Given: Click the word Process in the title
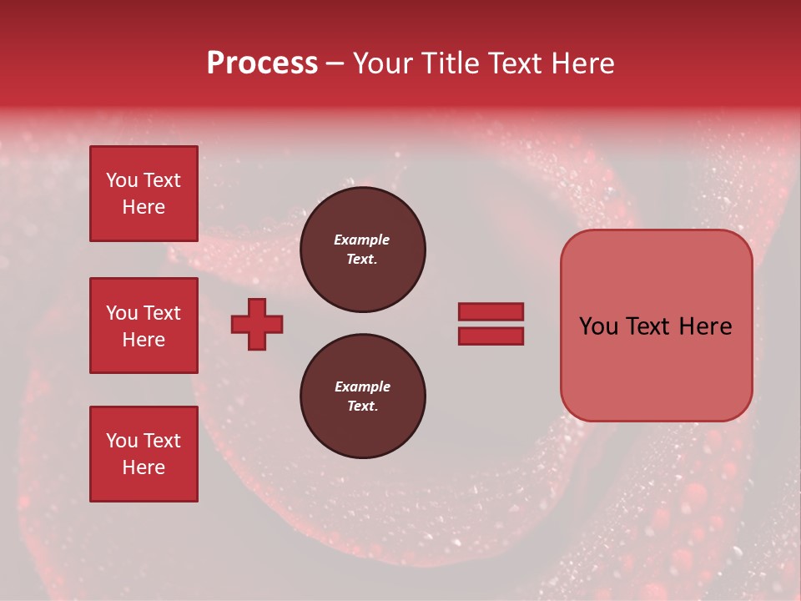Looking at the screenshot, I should coord(262,63).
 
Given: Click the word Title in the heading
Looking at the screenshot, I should coord(450,63).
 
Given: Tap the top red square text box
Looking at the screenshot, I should coord(144,194).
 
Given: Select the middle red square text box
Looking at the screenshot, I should coord(144,326).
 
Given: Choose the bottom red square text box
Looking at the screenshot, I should coord(144,454).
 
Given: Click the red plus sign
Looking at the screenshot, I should coord(257,324).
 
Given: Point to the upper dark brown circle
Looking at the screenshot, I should coord(362,250).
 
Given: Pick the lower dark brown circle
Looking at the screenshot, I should coord(362,396).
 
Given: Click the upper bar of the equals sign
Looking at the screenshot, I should coord(491,312).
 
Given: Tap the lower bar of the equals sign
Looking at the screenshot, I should coord(491,336).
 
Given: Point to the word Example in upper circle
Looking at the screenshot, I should coord(362,240).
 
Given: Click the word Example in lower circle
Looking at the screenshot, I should coord(362,386).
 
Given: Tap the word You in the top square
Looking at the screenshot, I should coord(121,180).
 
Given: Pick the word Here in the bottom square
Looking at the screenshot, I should coord(144,467).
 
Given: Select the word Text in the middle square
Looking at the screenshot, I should coord(162,313).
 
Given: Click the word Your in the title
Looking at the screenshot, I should coord(385,63).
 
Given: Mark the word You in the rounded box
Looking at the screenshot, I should coord(598,326).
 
